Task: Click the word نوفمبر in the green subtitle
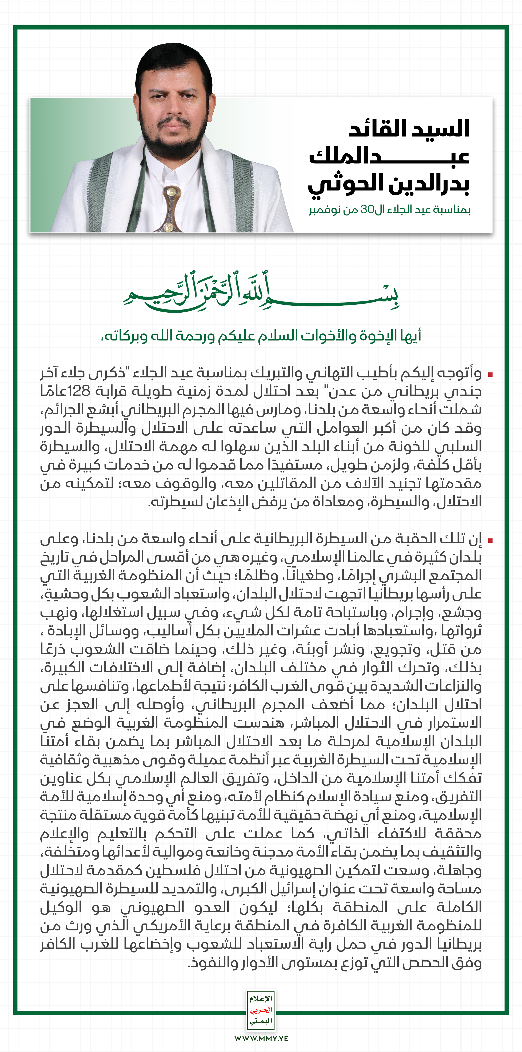pos(325,210)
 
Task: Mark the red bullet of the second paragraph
pos(490,540)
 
